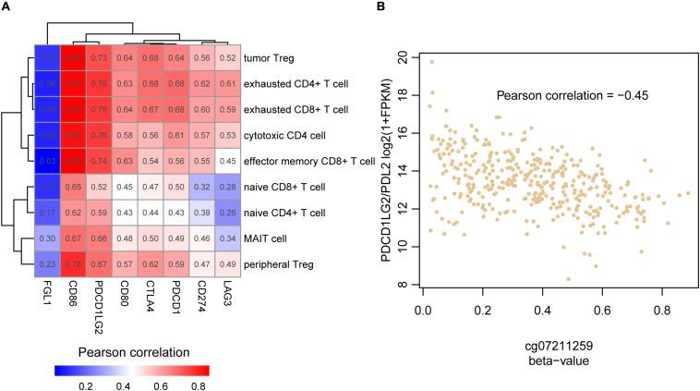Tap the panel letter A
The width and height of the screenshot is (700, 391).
[6, 8]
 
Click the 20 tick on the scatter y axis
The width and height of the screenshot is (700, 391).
[404, 56]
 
